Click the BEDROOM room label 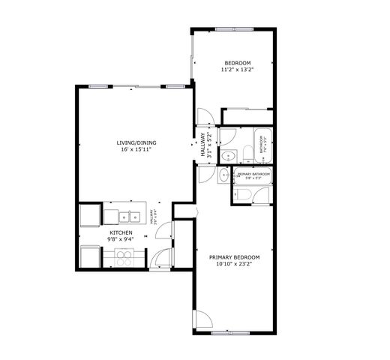coord(237,62)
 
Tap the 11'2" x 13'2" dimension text coord(237,70)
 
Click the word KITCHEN coord(121,233)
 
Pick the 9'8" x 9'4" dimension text coord(121,241)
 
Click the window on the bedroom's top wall coord(233,29)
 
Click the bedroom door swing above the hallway coord(203,118)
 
